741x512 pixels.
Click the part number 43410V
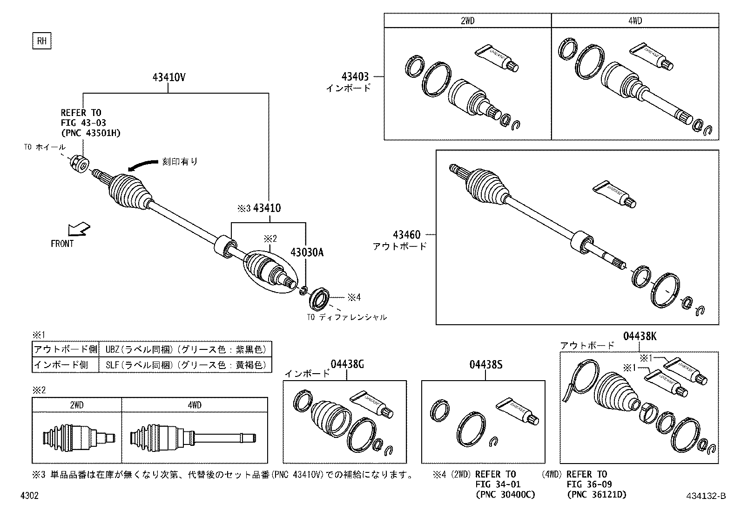click(x=168, y=78)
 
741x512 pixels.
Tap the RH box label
click(x=41, y=41)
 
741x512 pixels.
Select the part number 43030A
click(x=307, y=253)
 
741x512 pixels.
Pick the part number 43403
click(x=355, y=76)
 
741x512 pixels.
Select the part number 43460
click(x=406, y=235)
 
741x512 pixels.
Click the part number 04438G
click(x=347, y=365)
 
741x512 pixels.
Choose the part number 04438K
click(x=640, y=336)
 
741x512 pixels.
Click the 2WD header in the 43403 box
click(x=467, y=21)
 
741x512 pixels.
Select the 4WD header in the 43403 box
click(x=634, y=21)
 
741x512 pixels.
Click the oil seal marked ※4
click(x=320, y=299)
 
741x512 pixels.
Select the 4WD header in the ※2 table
click(x=195, y=405)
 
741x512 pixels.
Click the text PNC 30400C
click(x=505, y=494)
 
